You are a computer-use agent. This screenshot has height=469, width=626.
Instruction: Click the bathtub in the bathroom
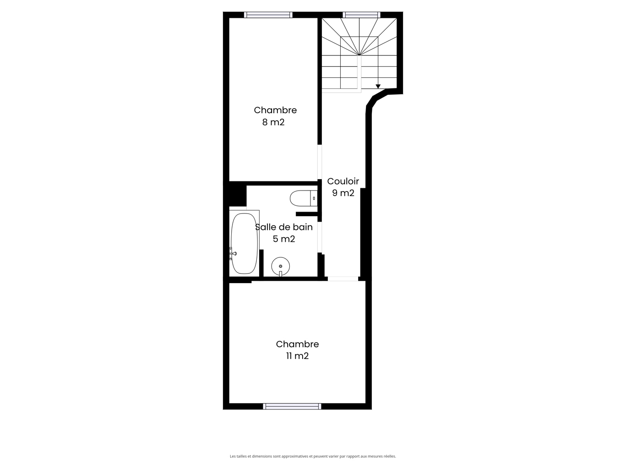pos(244,244)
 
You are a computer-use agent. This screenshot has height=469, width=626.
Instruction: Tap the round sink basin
pos(280,266)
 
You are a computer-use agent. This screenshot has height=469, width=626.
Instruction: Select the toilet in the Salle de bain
pos(304,198)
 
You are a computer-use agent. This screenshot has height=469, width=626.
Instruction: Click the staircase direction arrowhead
pos(378,86)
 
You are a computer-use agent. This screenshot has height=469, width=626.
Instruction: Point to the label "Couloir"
pos(343,181)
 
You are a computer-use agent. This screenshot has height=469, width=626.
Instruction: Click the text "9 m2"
pos(343,193)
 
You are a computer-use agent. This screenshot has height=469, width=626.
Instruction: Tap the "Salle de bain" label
pos(284,227)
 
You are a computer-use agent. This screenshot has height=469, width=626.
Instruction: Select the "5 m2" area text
pos(284,239)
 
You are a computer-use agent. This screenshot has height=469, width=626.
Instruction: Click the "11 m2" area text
pos(298,356)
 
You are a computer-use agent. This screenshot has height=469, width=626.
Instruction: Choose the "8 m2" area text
pos(273,122)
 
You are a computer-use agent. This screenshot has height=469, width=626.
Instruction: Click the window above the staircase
pos(361,15)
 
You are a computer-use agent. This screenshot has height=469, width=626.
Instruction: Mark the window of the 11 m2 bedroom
pos(292,406)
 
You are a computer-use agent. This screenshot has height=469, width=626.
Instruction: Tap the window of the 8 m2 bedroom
pos(268,15)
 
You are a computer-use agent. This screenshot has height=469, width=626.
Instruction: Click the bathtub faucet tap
pos(233,253)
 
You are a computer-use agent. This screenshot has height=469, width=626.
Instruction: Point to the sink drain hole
pos(280,266)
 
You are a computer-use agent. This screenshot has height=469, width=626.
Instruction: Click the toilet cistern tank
pos(313,198)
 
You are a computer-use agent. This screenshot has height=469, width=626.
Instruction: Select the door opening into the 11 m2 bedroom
pos(343,279)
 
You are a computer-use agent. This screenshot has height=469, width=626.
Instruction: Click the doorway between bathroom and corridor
pos(320,237)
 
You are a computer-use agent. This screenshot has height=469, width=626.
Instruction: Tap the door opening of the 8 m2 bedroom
pos(320,162)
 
